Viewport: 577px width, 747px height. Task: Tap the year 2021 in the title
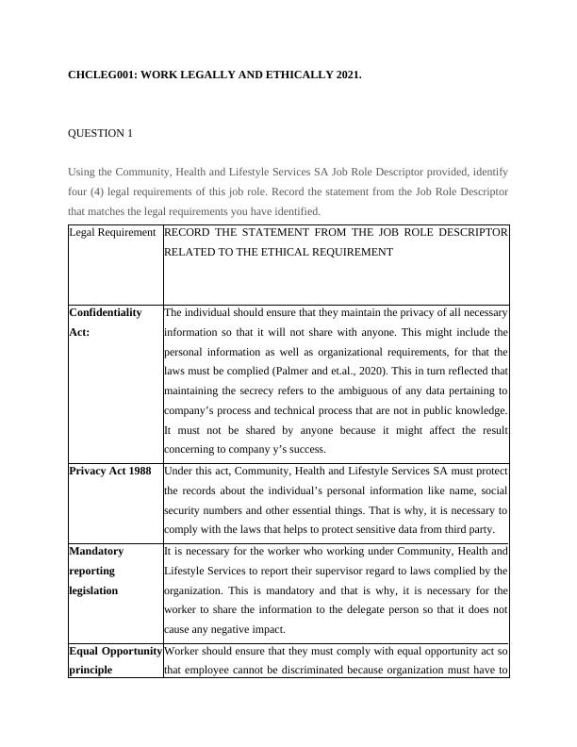[346, 73]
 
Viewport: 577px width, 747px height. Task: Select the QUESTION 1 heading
[100, 133]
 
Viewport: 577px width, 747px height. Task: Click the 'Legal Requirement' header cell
[112, 232]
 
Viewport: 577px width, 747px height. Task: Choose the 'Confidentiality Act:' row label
[106, 322]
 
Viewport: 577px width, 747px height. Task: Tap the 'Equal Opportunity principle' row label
[115, 659]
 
